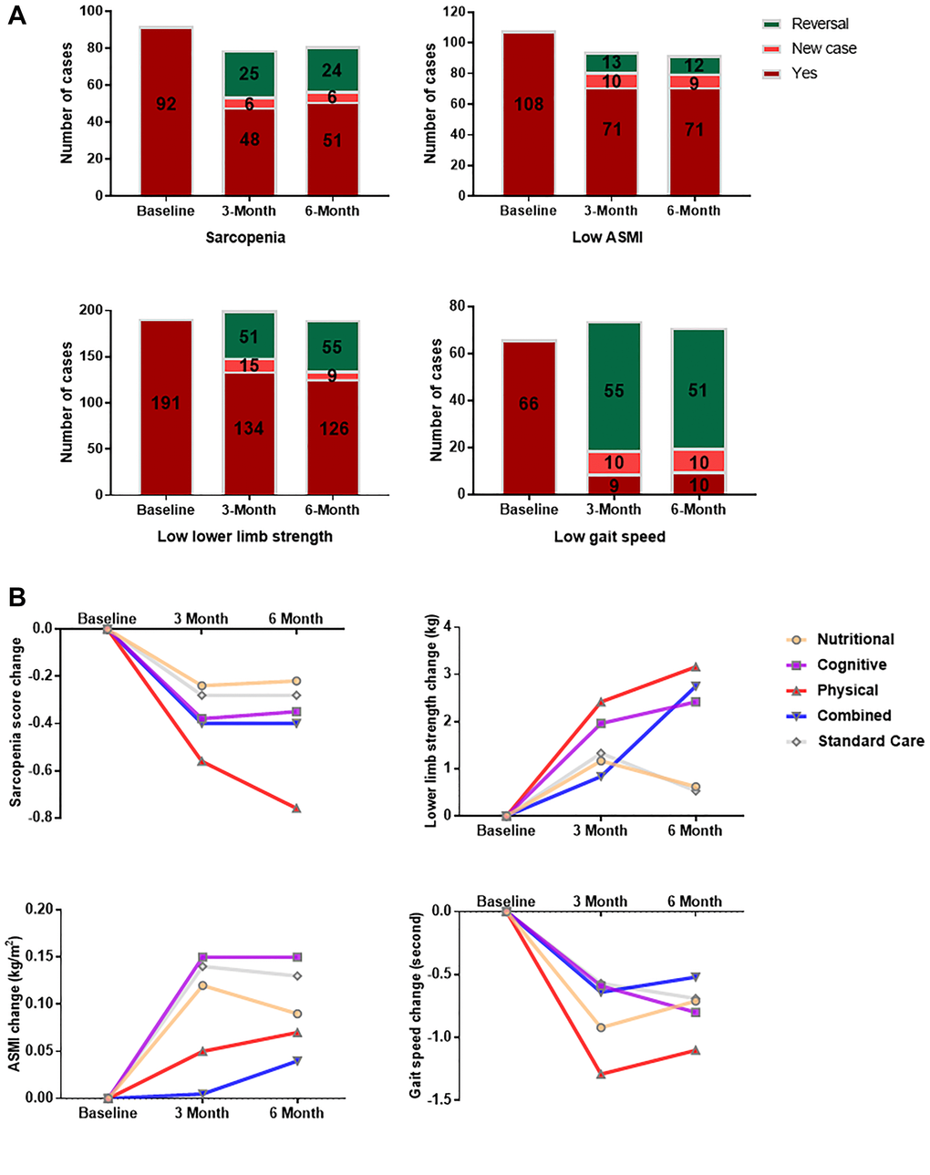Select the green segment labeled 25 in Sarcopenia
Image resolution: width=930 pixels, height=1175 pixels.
coord(249,74)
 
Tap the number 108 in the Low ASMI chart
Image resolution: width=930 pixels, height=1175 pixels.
coord(529,105)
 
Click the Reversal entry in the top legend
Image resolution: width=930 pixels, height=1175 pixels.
coord(820,24)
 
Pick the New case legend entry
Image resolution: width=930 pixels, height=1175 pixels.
coord(823,48)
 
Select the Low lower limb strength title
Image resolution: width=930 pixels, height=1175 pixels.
coord(244,536)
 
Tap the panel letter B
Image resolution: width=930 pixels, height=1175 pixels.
coord(16,598)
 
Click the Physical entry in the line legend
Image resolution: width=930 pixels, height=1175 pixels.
coord(847,690)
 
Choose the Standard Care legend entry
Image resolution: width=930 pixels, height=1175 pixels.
coord(870,741)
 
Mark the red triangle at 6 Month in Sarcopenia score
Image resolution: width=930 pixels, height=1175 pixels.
coord(295,808)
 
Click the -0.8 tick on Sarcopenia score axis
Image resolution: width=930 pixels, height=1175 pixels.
coord(41,818)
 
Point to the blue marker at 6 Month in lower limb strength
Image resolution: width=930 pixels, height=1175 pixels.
coord(695,685)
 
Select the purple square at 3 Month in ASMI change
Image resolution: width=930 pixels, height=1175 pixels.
coord(201,957)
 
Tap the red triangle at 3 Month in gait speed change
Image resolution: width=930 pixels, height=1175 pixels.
coord(600,1075)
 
